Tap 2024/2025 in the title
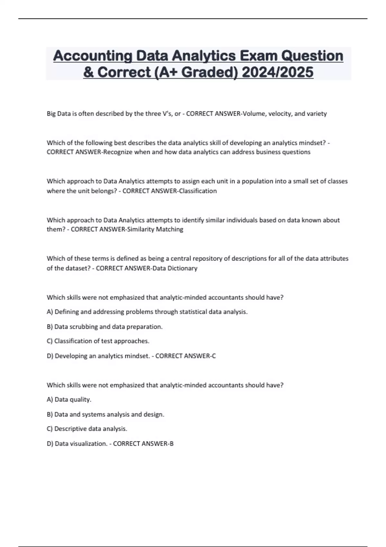tap(277, 72)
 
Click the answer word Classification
tap(198, 191)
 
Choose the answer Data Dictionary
tap(175, 268)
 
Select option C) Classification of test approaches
tap(98, 341)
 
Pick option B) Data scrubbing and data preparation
tap(105, 327)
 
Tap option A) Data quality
tap(69, 400)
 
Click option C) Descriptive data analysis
tap(87, 429)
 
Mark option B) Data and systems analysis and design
tap(106, 414)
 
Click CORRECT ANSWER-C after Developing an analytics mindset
tap(186, 356)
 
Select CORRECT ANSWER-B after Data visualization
tap(143, 444)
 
